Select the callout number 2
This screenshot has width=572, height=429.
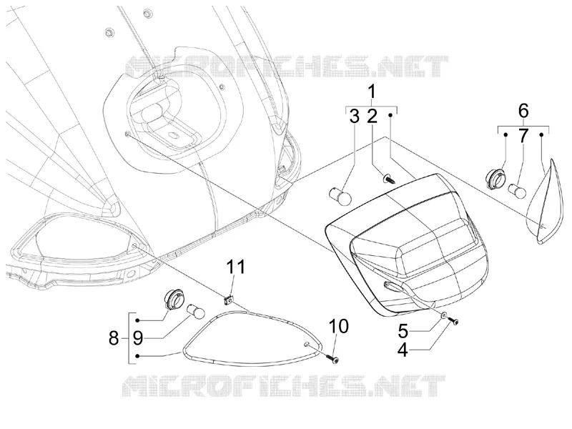pos(372,116)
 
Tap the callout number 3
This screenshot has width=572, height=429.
pos(354,116)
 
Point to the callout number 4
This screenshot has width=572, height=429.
pos(403,350)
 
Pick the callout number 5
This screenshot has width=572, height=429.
pos(403,331)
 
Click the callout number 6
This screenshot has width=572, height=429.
pos(523,111)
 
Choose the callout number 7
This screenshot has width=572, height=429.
pos(523,136)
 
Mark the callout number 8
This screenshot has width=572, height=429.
pos(114,338)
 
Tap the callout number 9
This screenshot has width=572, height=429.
pos(138,338)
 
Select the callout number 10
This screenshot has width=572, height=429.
pos(339,327)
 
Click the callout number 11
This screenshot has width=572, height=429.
pos(236,267)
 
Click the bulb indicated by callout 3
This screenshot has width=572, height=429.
pos(340,196)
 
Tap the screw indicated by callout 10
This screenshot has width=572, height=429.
pos(332,359)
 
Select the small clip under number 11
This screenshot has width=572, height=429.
pos(229,300)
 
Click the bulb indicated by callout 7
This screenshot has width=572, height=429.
pos(518,191)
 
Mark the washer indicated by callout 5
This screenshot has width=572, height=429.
pos(443,316)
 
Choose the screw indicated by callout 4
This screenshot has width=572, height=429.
pos(454,320)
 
